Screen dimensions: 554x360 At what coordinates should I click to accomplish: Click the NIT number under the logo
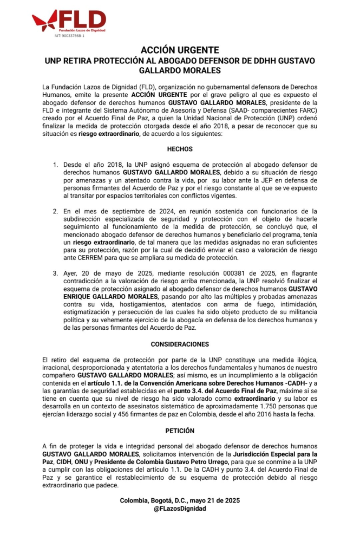coord(69,36)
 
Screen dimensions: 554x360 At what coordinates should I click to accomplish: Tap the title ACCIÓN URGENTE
coord(180,50)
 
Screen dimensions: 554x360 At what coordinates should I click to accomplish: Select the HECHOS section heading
coord(180,149)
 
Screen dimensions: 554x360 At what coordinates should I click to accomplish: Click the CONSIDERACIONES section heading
coord(180,344)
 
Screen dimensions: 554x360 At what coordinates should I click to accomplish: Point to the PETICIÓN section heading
coord(180,432)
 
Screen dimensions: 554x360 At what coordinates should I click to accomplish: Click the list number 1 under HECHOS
coord(55,164)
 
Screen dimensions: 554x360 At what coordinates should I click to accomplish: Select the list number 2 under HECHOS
coord(55,211)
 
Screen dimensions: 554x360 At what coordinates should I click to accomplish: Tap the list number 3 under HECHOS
coord(55,273)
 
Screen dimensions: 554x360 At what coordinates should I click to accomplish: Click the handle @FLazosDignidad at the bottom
coord(180,509)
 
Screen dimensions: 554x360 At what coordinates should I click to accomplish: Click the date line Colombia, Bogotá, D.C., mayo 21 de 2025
coord(180,500)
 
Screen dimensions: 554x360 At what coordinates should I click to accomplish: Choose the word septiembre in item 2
coord(129,211)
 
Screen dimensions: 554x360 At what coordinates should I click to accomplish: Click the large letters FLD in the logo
coord(82,20)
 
